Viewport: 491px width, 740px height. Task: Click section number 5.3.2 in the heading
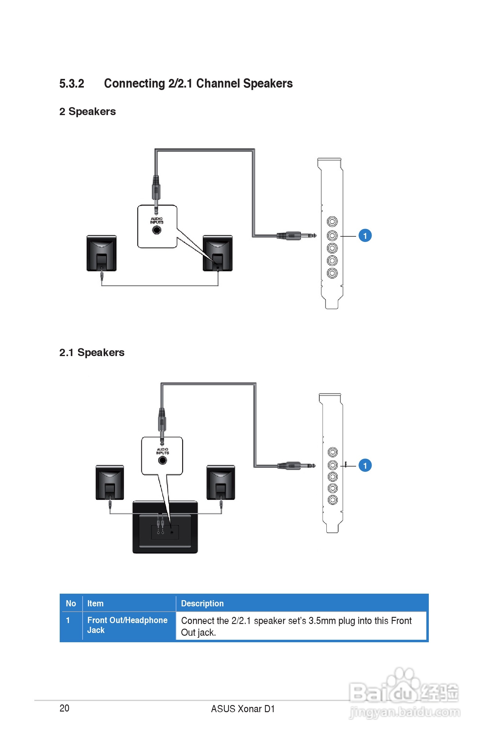(x=72, y=84)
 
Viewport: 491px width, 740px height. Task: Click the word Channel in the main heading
(x=218, y=84)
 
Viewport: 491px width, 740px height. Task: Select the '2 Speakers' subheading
(x=87, y=112)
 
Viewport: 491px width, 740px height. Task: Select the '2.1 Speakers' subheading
(x=92, y=353)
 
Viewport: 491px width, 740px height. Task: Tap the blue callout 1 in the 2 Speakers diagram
(x=365, y=236)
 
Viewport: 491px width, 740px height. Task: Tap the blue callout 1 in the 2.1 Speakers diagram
(x=365, y=466)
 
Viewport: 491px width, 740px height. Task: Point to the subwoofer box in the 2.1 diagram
(x=165, y=527)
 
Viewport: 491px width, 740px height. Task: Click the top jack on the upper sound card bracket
(x=332, y=222)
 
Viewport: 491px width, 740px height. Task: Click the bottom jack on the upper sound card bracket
(x=332, y=273)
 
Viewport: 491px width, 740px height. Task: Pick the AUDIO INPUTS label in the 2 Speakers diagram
(x=157, y=221)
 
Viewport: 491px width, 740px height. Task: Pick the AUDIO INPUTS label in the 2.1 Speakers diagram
(x=162, y=451)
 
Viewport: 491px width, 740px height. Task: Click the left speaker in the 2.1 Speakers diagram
(x=110, y=482)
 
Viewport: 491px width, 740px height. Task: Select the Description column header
(x=202, y=604)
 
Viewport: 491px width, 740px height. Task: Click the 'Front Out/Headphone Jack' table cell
(x=127, y=625)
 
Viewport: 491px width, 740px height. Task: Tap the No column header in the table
(x=71, y=604)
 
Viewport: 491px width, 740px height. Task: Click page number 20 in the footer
(x=64, y=708)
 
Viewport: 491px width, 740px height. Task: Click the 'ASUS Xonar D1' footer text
(x=243, y=709)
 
